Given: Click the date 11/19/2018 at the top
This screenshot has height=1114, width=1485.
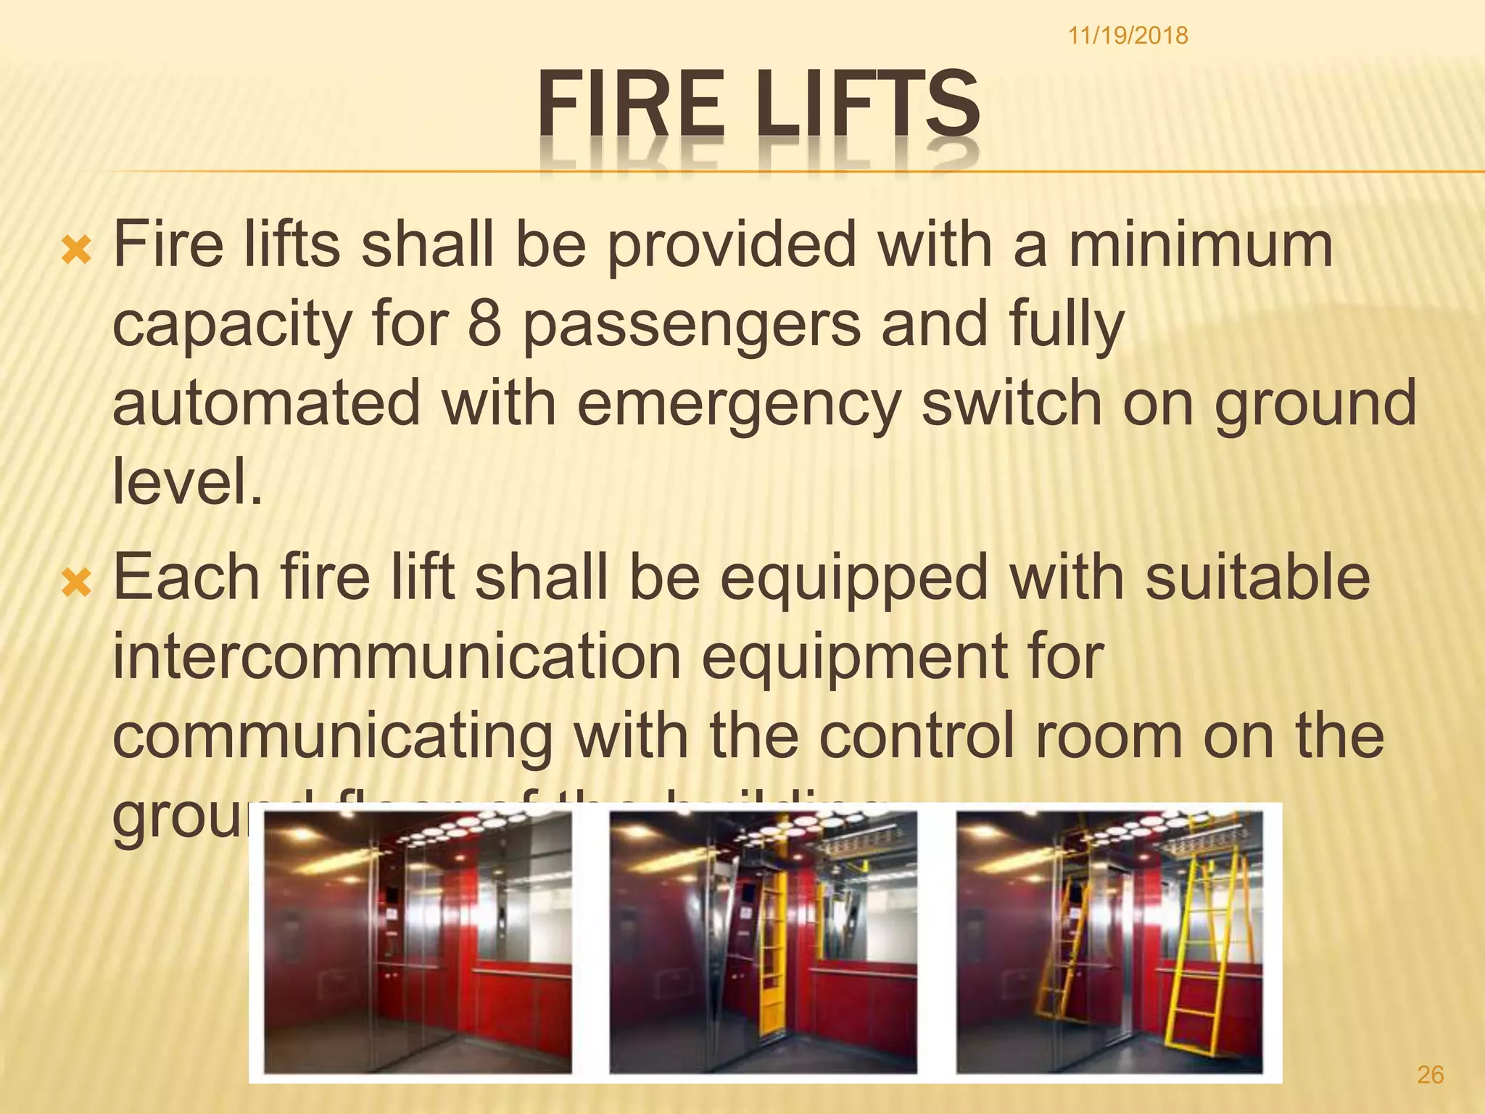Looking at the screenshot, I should (1128, 35).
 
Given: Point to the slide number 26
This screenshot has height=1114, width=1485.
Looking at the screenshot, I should (1430, 1074).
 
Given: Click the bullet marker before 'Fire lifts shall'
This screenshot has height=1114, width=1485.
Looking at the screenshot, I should (77, 251).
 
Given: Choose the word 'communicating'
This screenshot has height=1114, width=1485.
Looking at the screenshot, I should (332, 738).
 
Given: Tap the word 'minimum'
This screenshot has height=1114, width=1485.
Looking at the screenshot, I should (1200, 244).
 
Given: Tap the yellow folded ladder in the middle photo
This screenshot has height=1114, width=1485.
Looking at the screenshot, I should (772, 943).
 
